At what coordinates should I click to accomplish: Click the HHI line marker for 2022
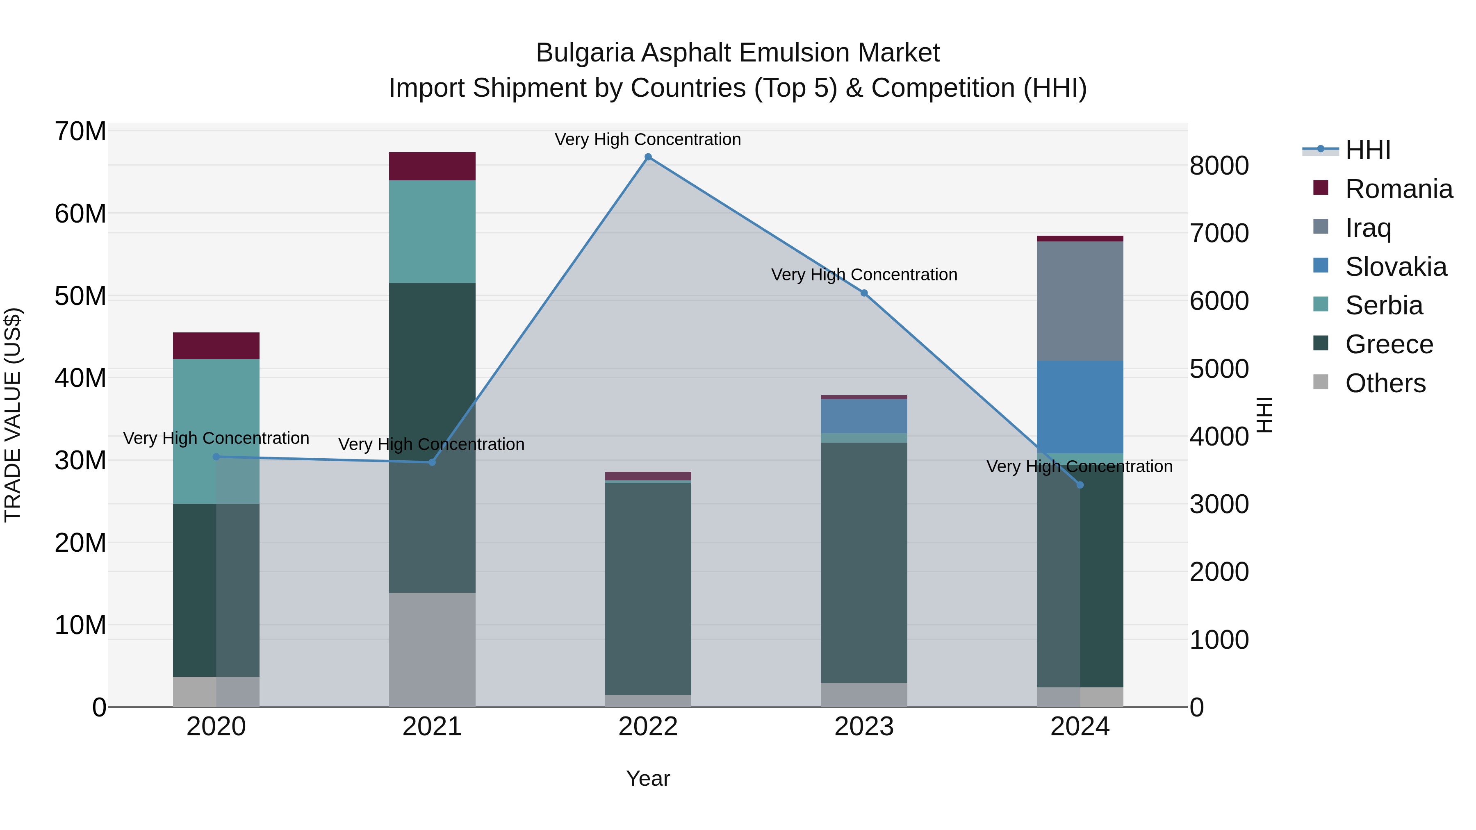(x=648, y=157)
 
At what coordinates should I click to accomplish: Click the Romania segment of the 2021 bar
(x=432, y=166)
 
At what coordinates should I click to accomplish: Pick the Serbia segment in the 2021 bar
(x=432, y=232)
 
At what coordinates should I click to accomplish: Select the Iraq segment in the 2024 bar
(x=1080, y=301)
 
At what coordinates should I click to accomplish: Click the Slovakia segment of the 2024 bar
(x=1080, y=407)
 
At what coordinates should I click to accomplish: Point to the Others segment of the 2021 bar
(x=432, y=650)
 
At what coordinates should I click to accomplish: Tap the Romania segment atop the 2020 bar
(x=216, y=346)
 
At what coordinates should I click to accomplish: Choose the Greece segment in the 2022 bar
(x=648, y=589)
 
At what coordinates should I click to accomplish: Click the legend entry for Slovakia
(x=1395, y=267)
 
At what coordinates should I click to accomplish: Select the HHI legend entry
(x=1367, y=150)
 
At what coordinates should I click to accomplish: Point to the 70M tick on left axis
(x=80, y=132)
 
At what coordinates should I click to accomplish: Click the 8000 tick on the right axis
(x=1219, y=166)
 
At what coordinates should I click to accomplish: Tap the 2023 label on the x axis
(x=864, y=727)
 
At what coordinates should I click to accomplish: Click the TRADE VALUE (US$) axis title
(x=13, y=415)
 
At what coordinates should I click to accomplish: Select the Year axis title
(x=648, y=778)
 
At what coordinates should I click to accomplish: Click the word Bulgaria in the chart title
(x=585, y=53)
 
